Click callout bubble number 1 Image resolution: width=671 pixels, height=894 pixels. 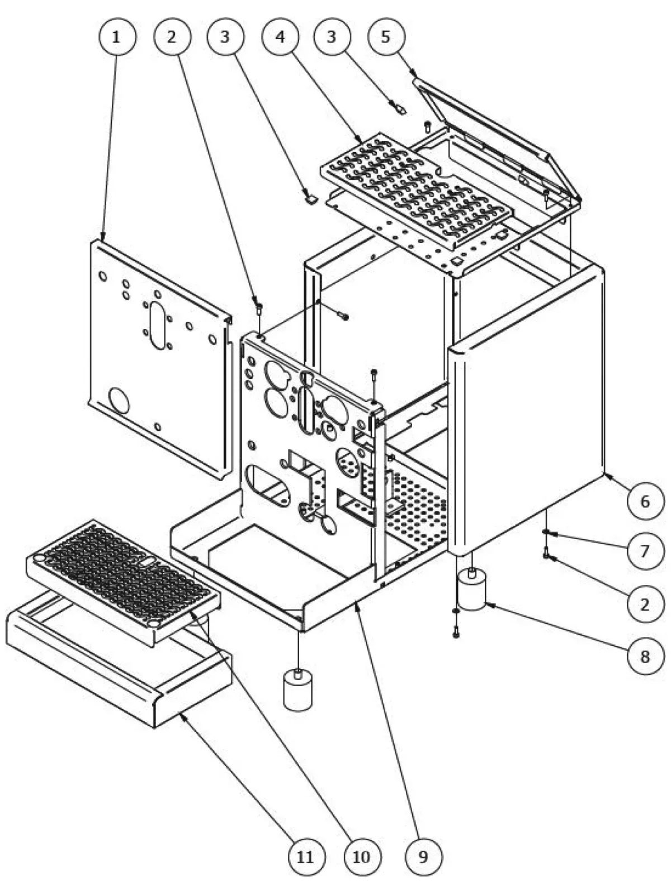click(x=116, y=37)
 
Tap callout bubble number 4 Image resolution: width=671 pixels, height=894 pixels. click(x=280, y=37)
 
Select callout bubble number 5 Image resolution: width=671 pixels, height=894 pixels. click(x=386, y=37)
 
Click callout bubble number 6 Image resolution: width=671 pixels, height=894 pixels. click(x=645, y=501)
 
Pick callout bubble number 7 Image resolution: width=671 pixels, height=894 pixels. click(x=645, y=551)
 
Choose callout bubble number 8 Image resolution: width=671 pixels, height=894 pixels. click(x=645, y=655)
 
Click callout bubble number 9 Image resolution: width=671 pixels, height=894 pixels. click(x=422, y=855)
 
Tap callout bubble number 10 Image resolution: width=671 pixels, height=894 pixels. click(x=361, y=855)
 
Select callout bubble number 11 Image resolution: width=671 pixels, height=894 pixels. click(x=305, y=855)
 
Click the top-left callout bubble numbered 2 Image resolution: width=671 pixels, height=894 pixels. click(x=171, y=37)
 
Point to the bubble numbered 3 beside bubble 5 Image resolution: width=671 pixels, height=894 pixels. click(x=332, y=37)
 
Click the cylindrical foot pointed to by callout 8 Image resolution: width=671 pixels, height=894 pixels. click(x=471, y=591)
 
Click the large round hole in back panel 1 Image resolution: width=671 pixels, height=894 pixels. click(x=119, y=400)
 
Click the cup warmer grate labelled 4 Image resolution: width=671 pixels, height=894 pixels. click(x=417, y=190)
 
